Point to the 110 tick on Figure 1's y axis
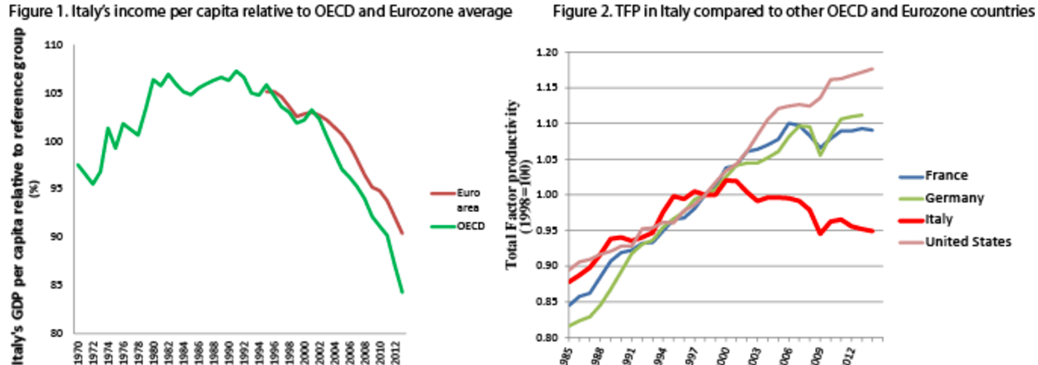point(53,45)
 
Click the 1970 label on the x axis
point(77,351)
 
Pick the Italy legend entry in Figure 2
point(915,219)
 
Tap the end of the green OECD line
point(402,292)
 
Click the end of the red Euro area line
point(402,233)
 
